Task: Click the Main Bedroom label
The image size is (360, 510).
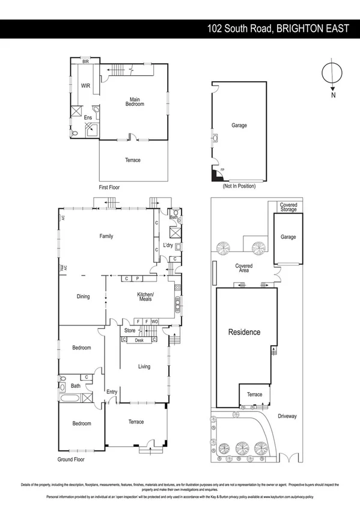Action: tap(134, 102)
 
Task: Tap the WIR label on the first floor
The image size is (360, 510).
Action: tap(86, 86)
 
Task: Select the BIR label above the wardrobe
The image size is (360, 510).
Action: tap(85, 61)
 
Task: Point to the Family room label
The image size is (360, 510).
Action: tap(106, 236)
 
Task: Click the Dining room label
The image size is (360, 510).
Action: tap(83, 296)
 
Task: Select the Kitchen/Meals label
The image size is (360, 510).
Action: tap(145, 296)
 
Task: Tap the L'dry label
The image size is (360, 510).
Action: tap(168, 245)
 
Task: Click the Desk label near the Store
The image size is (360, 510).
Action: tap(139, 340)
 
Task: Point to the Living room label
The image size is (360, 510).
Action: tap(144, 366)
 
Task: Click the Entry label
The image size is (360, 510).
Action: tap(112, 392)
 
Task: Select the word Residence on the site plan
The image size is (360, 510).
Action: tap(243, 332)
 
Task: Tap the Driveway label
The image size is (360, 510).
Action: tap(287, 416)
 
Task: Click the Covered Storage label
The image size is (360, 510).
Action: tap(288, 207)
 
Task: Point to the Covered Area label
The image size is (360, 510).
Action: tap(243, 268)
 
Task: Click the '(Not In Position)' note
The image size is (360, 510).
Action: tap(239, 186)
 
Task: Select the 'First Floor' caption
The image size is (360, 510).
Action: tap(109, 187)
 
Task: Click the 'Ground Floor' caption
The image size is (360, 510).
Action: tap(72, 459)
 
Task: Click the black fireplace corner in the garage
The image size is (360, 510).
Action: tap(214, 175)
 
